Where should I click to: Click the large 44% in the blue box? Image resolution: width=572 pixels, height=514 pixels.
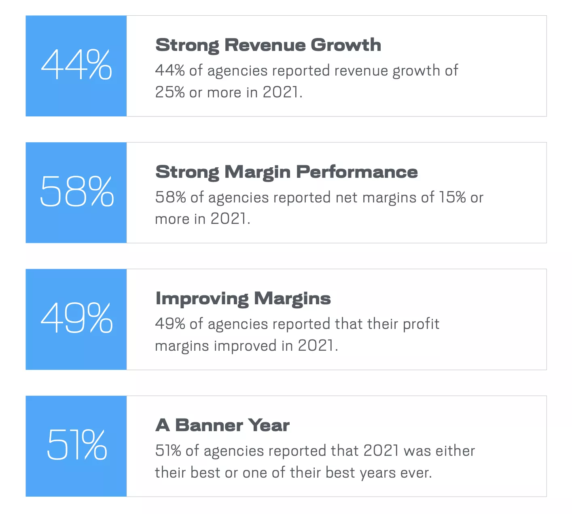point(76,64)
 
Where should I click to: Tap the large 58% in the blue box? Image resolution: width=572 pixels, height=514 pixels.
point(77,191)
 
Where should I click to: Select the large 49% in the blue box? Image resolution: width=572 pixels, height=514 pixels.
point(77,318)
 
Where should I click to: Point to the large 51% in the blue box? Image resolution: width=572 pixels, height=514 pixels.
point(77,444)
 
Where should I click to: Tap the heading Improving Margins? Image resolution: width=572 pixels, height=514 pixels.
point(243,299)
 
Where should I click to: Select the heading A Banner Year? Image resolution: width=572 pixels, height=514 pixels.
point(222,425)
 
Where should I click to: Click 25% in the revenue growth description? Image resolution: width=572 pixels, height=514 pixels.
point(170,92)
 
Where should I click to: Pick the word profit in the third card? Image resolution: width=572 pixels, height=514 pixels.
point(421,324)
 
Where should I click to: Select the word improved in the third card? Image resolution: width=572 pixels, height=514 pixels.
point(245,346)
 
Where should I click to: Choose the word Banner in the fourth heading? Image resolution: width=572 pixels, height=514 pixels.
point(209,425)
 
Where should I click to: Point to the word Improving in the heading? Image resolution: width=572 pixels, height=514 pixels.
point(202,299)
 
